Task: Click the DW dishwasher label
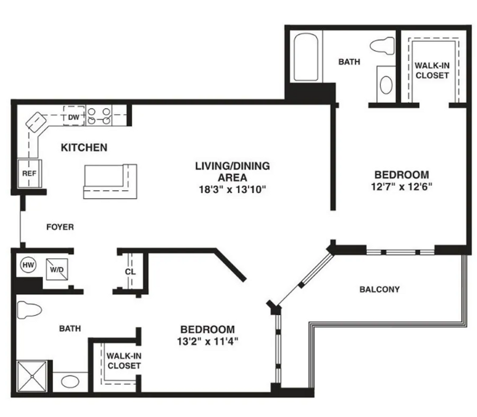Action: (74, 117)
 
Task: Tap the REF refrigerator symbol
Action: (29, 173)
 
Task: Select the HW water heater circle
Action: (28, 265)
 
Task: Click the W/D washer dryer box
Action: (57, 269)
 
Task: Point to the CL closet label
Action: (130, 271)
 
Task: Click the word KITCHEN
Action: (84, 148)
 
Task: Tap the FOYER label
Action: (60, 227)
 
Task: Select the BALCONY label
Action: (379, 289)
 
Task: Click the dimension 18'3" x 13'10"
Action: (232, 189)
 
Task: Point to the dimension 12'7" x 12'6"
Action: (402, 186)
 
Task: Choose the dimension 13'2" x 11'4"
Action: (207, 341)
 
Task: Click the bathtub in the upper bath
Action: (306, 57)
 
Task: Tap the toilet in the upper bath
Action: (382, 46)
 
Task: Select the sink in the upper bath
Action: (386, 84)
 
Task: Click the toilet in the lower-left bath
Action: (29, 310)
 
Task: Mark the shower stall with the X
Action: (32, 377)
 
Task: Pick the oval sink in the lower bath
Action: (70, 381)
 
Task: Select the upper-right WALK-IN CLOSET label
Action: (432, 70)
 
